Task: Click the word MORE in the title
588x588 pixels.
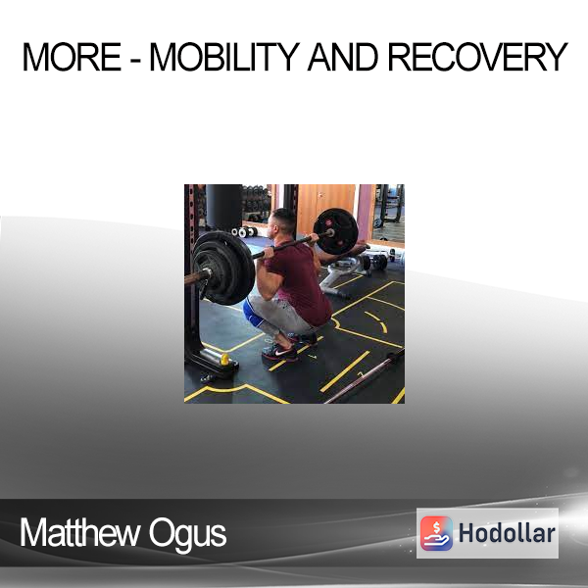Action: [72, 57]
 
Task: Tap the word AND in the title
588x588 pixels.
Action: [343, 57]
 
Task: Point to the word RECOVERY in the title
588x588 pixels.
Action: [477, 57]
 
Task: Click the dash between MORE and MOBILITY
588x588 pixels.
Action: [136, 60]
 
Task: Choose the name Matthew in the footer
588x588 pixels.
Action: [79, 532]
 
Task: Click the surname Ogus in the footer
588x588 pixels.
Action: [187, 535]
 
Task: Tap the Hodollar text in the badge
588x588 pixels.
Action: [507, 533]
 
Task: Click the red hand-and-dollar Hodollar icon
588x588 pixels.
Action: [436, 533]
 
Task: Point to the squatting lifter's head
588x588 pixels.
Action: [282, 223]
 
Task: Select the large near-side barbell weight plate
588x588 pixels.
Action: [224, 268]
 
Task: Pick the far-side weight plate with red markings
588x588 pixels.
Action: [336, 231]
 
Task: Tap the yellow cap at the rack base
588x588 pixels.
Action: [224, 360]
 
